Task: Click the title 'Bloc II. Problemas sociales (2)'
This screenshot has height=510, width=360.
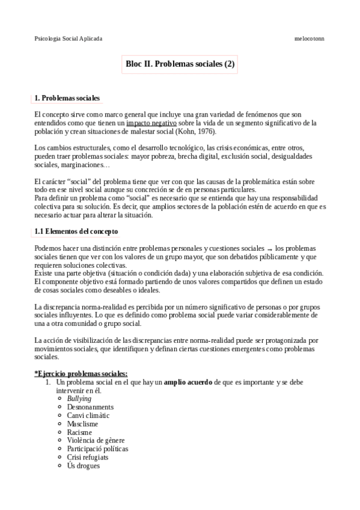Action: coord(180,63)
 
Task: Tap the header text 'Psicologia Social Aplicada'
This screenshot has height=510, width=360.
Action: coord(69,38)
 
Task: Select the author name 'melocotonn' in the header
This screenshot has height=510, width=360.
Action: coord(310,38)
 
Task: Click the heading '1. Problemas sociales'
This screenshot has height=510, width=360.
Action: coord(67,98)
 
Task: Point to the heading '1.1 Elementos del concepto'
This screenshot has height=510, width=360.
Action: coord(76,231)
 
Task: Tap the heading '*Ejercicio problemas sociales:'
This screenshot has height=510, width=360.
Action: coord(81,373)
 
